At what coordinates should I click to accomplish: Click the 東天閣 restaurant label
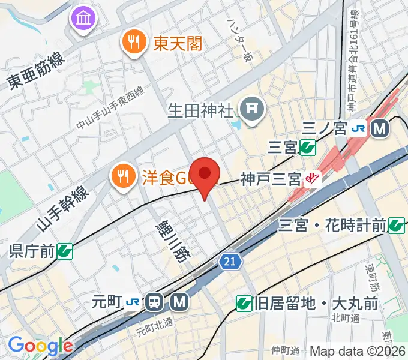point(178,43)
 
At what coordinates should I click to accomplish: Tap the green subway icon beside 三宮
point(308,146)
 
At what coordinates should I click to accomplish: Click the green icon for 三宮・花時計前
point(397,225)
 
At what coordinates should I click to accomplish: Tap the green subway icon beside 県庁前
point(65,251)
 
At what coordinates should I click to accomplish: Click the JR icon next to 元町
point(133,302)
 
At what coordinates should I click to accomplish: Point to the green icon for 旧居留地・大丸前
point(244,304)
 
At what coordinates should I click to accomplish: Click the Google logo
point(40,346)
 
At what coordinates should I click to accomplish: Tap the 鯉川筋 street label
point(179,240)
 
